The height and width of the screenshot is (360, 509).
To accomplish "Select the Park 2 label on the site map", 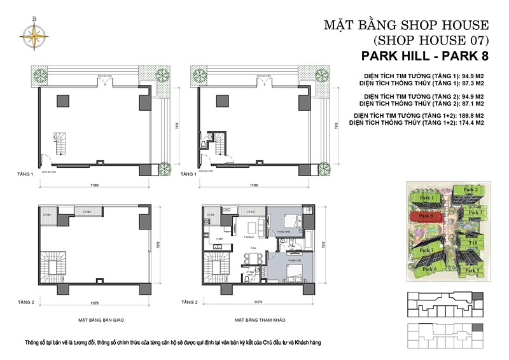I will pos(471,190).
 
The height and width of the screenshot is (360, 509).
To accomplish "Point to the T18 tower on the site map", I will pos(473,243).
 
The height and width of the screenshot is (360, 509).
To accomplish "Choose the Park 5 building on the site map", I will pos(472,270).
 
